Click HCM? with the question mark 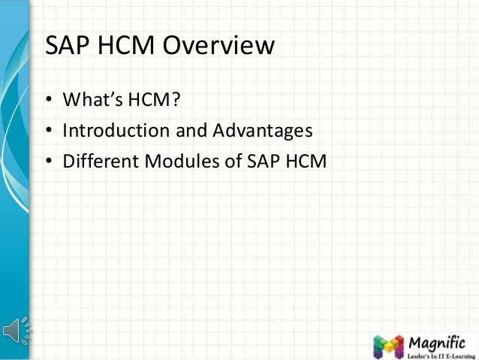point(158,101)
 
